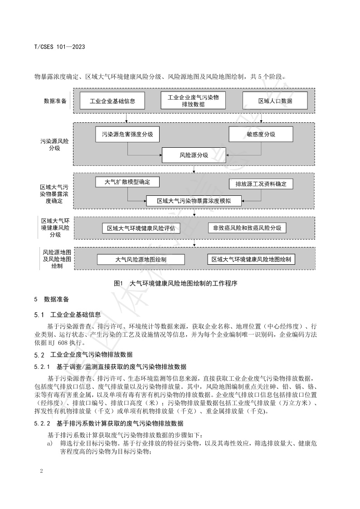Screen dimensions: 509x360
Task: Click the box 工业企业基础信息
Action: click(x=112, y=101)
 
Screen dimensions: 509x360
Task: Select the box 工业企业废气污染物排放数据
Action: click(x=193, y=101)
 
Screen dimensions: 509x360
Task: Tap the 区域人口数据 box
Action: click(x=275, y=101)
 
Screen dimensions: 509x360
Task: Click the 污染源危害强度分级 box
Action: click(x=127, y=135)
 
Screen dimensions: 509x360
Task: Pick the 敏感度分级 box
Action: click(x=261, y=135)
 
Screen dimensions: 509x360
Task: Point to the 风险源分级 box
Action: click(x=194, y=155)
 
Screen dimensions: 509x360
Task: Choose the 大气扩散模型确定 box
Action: click(x=127, y=182)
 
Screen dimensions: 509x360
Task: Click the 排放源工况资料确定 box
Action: click(x=261, y=184)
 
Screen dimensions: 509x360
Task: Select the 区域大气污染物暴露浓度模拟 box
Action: click(x=194, y=200)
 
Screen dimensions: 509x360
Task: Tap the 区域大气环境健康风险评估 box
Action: click(x=141, y=228)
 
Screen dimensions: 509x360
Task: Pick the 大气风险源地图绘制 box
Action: click(x=141, y=259)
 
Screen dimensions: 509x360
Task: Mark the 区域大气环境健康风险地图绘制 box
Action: click(x=251, y=259)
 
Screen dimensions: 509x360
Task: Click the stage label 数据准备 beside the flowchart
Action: click(x=55, y=101)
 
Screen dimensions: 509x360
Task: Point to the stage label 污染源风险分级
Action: click(x=54, y=145)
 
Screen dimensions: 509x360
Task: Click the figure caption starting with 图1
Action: click(x=176, y=283)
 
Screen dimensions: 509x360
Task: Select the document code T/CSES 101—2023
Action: click(x=60, y=47)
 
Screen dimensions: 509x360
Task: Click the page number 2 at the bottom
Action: click(x=41, y=471)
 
